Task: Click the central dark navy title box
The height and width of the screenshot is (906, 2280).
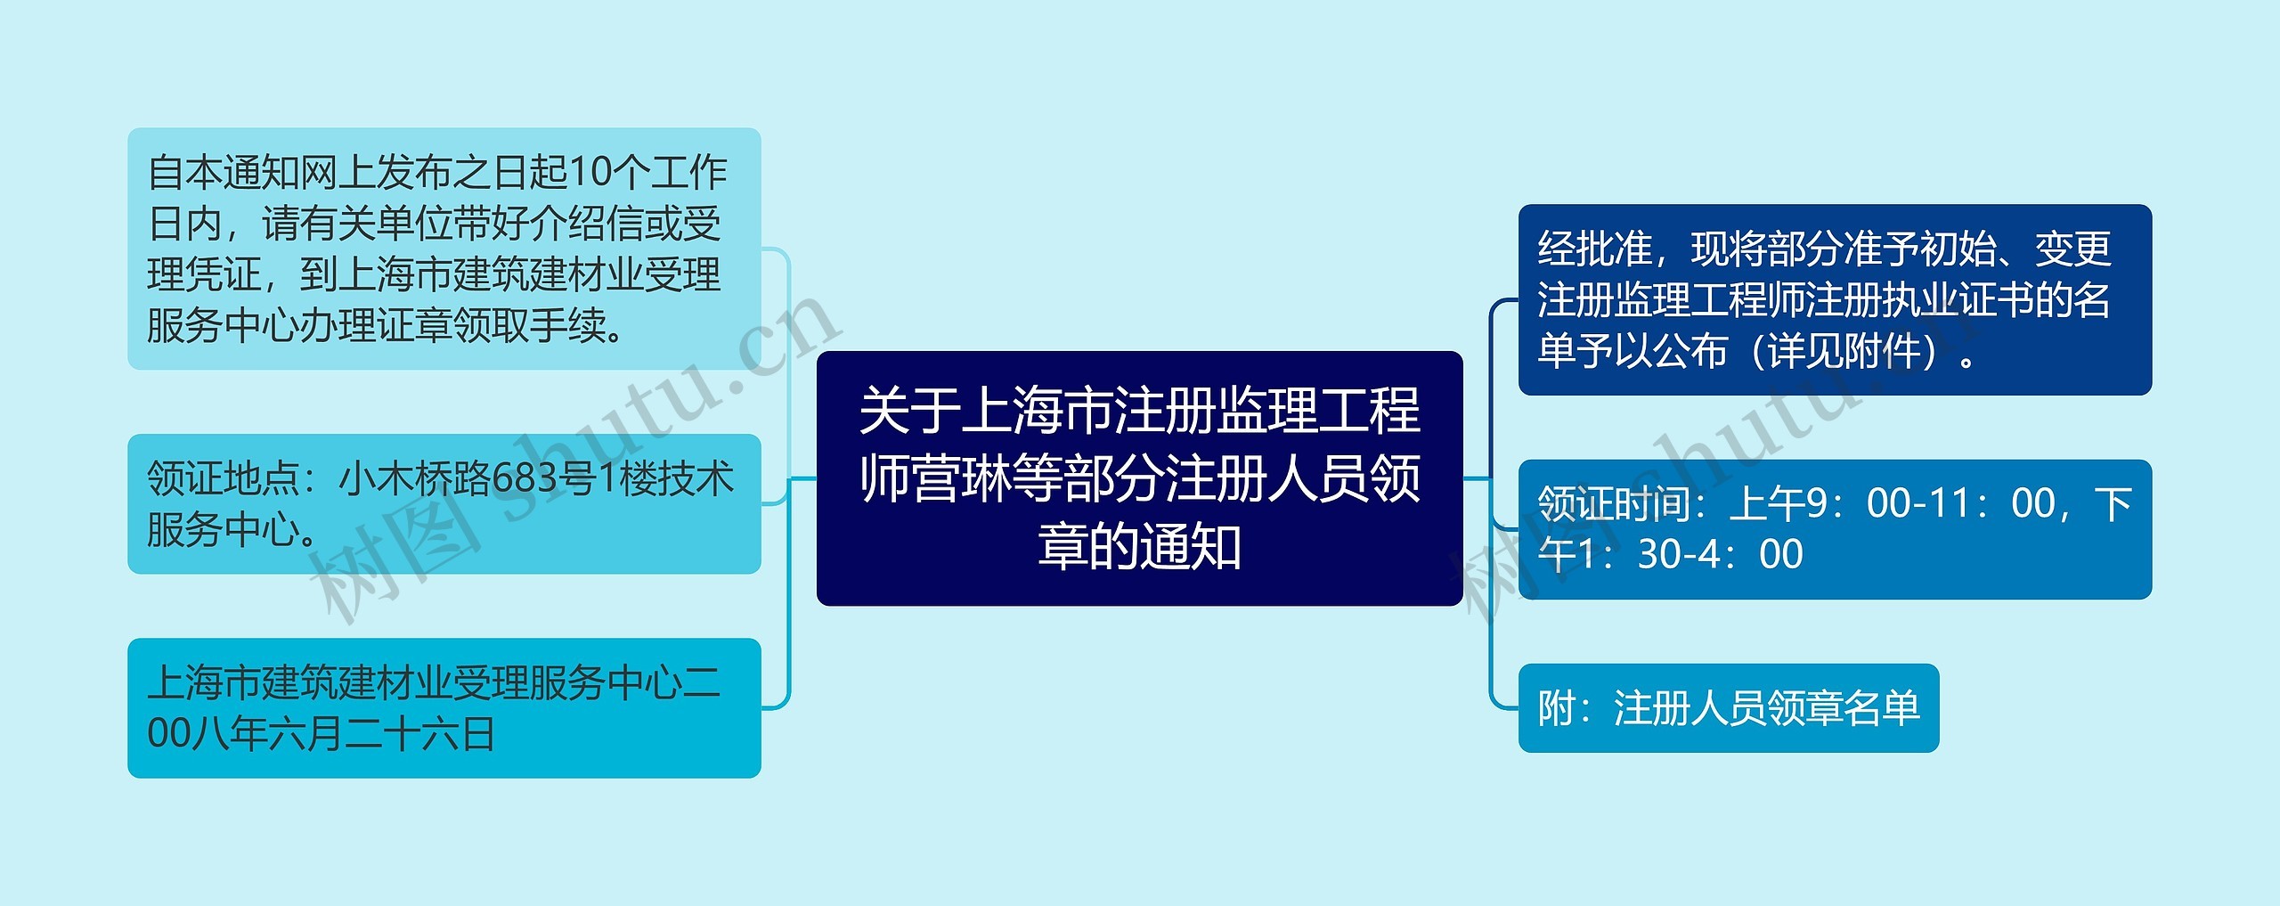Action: point(1139,478)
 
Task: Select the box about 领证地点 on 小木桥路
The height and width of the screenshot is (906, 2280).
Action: point(444,503)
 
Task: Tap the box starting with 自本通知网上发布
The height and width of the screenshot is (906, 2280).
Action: point(444,249)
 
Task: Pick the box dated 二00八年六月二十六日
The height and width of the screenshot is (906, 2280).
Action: point(444,707)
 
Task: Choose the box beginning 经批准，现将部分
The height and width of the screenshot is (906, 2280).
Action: point(1834,299)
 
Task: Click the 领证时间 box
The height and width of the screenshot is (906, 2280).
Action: point(1834,529)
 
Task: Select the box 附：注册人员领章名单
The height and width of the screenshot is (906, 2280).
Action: point(1728,707)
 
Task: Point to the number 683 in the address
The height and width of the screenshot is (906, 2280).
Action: point(542,478)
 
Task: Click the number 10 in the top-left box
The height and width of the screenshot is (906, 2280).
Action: point(590,172)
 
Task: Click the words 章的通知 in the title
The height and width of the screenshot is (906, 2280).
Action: point(1139,546)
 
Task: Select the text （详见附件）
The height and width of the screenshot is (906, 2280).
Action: point(1852,351)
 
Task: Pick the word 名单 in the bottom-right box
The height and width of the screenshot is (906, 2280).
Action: point(1881,707)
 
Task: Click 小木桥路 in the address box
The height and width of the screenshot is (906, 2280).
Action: point(415,478)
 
